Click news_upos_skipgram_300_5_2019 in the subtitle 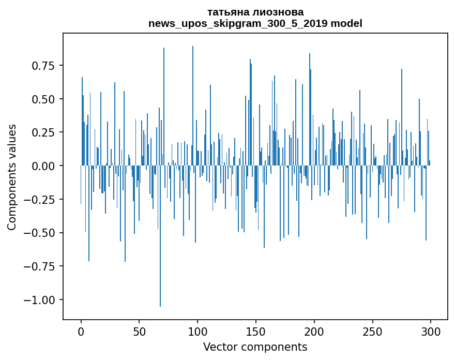[x=238, y=23]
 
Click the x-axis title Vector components [x=255, y=347]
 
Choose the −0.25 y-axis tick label [x=41, y=200]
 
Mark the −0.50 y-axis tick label [x=41, y=233]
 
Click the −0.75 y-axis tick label [x=41, y=266]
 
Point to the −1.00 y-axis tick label [x=41, y=300]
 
